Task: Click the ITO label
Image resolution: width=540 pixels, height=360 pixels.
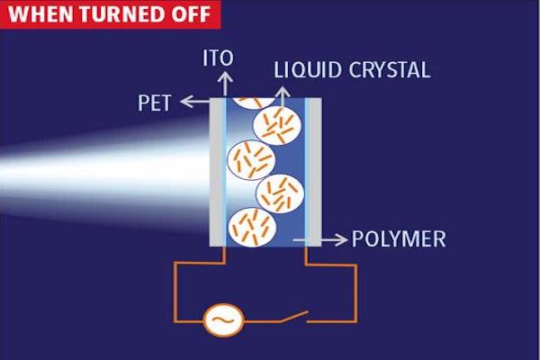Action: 219,58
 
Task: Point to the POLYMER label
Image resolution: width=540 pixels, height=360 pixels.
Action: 398,239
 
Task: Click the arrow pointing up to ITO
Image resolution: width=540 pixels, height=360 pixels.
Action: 219,84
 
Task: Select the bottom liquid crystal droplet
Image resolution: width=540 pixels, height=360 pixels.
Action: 249,226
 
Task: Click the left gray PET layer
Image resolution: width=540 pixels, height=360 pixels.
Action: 217,171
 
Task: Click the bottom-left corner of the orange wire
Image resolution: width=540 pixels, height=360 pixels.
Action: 176,319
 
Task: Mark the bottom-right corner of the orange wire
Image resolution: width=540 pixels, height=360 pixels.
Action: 356,319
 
